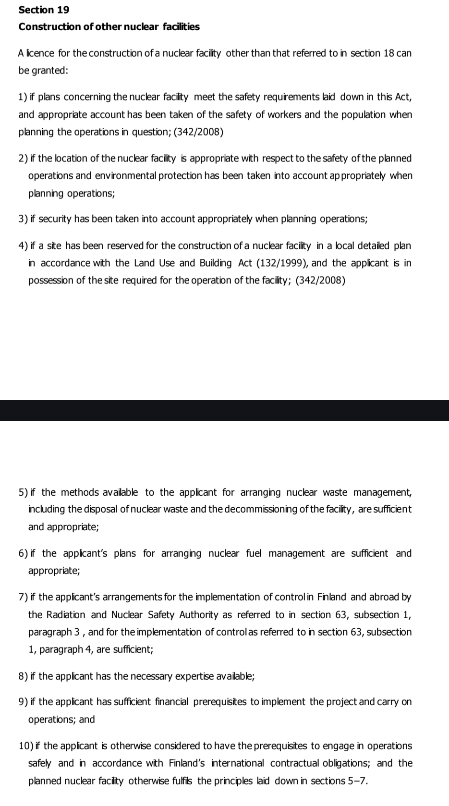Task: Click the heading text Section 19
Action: (44, 10)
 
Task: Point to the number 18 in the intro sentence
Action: (388, 53)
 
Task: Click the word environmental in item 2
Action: (124, 176)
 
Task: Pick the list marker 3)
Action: (23, 220)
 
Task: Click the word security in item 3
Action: (55, 220)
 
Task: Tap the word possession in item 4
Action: (50, 281)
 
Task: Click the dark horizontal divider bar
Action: (224, 411)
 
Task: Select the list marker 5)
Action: (23, 493)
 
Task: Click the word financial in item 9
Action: (172, 702)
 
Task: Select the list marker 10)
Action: (25, 746)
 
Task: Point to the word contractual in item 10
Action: (292, 764)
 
